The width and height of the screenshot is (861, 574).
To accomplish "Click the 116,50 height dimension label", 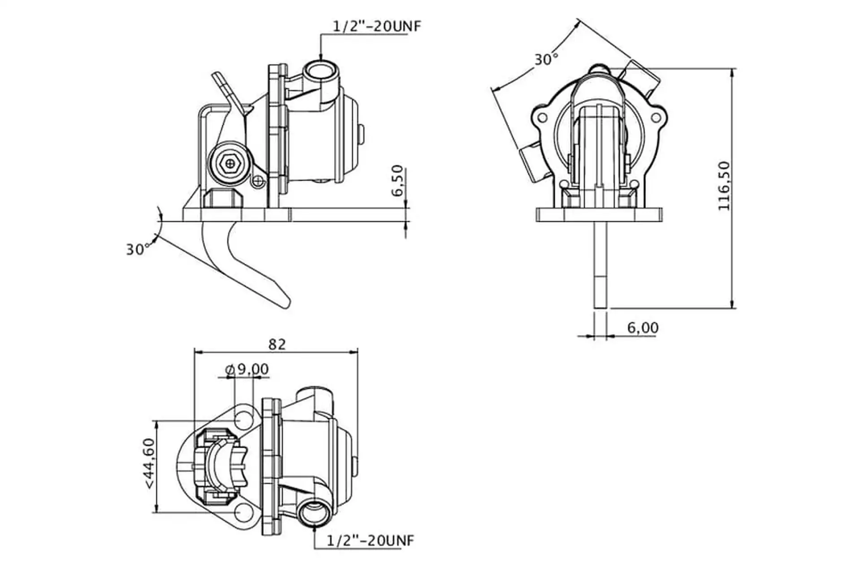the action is point(724,186).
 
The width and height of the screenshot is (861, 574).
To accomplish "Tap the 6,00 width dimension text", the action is point(643,328).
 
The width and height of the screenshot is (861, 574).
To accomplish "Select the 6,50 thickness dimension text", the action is point(397,181).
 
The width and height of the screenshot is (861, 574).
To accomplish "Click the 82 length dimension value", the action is point(277,344).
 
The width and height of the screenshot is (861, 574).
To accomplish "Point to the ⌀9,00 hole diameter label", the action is point(247,369).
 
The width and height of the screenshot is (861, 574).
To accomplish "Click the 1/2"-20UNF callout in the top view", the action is point(377,26).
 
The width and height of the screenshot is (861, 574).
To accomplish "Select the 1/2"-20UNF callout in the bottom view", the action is point(370,540).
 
